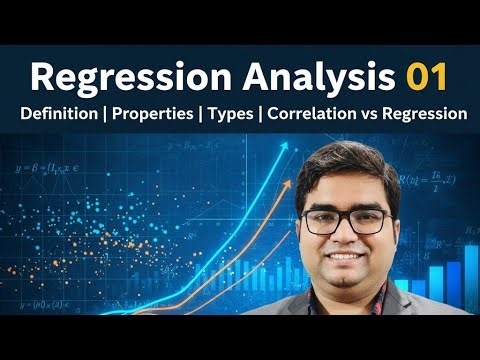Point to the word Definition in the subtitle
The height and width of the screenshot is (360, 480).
coord(62,114)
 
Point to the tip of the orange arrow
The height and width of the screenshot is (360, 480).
coord(297,172)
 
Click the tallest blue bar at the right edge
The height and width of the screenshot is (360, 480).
coord(471,275)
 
